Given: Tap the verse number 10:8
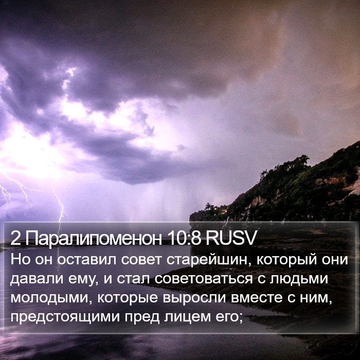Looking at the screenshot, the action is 184,238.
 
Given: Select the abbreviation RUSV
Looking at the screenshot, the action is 230,238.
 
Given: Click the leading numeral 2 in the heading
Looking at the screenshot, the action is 15,238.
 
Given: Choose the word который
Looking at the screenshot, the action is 286,260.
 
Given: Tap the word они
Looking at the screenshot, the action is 335,260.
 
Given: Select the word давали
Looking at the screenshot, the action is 37,279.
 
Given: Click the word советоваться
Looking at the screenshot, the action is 204,279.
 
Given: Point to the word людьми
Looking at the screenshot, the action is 299,279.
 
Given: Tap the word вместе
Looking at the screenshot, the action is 257,298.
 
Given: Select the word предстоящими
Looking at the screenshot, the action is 65,317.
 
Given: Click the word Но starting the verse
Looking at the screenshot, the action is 21,260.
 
